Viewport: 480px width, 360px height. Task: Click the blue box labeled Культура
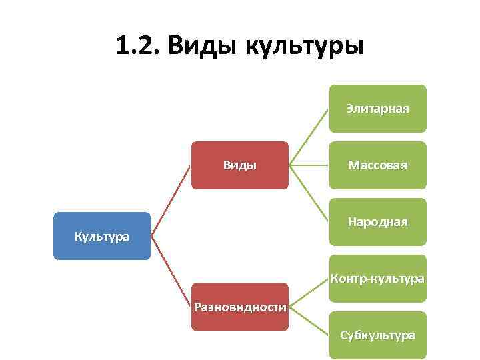click(x=102, y=236)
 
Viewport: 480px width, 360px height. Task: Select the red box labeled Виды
click(x=240, y=165)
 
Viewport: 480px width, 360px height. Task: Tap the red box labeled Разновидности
click(x=240, y=307)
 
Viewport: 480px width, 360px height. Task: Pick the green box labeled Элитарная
click(x=377, y=109)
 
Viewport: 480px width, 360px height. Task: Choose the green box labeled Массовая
click(x=377, y=165)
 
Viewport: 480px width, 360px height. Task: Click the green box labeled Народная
click(x=377, y=222)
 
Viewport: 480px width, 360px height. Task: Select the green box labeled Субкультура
click(x=377, y=335)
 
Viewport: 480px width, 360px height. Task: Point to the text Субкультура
click(x=377, y=335)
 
